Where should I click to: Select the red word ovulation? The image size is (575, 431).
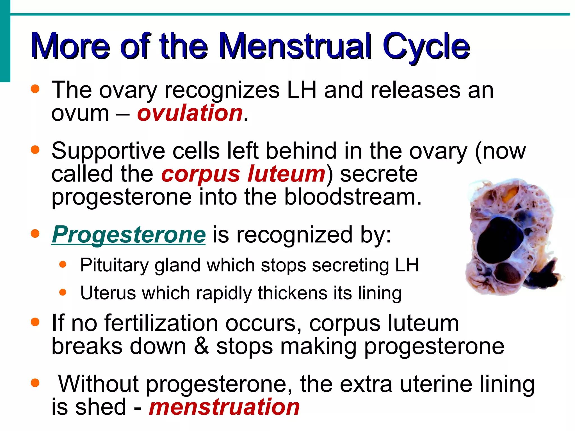coord(190,113)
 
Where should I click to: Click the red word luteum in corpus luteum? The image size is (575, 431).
coord(286,174)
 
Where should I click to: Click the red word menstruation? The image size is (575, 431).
coord(224,407)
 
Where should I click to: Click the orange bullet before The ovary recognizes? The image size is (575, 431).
coord(35,89)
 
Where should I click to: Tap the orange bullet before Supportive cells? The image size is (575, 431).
coord(35,150)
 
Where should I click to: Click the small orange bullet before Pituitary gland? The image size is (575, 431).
coord(63,265)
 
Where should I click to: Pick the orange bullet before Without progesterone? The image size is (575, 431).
coord(35,383)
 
